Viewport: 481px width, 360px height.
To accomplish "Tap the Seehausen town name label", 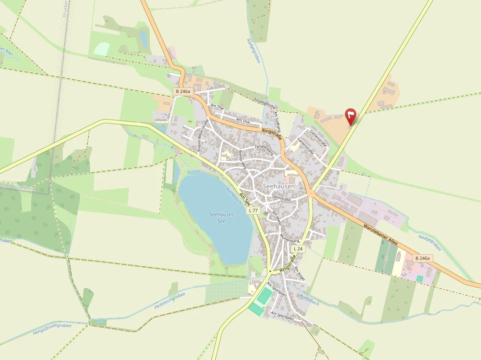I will coord(279,186).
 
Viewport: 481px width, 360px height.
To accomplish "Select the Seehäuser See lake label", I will coord(221,218).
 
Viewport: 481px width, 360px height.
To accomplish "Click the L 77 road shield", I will coord(253,210).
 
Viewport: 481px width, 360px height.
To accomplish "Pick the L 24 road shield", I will coord(298,248).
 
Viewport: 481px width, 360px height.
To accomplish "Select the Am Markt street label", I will coord(277,218).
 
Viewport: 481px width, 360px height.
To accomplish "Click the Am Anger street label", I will coord(300,273).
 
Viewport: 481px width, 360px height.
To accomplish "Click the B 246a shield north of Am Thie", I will coord(183,91).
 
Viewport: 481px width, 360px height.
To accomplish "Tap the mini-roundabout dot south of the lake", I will coord(270,271).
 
